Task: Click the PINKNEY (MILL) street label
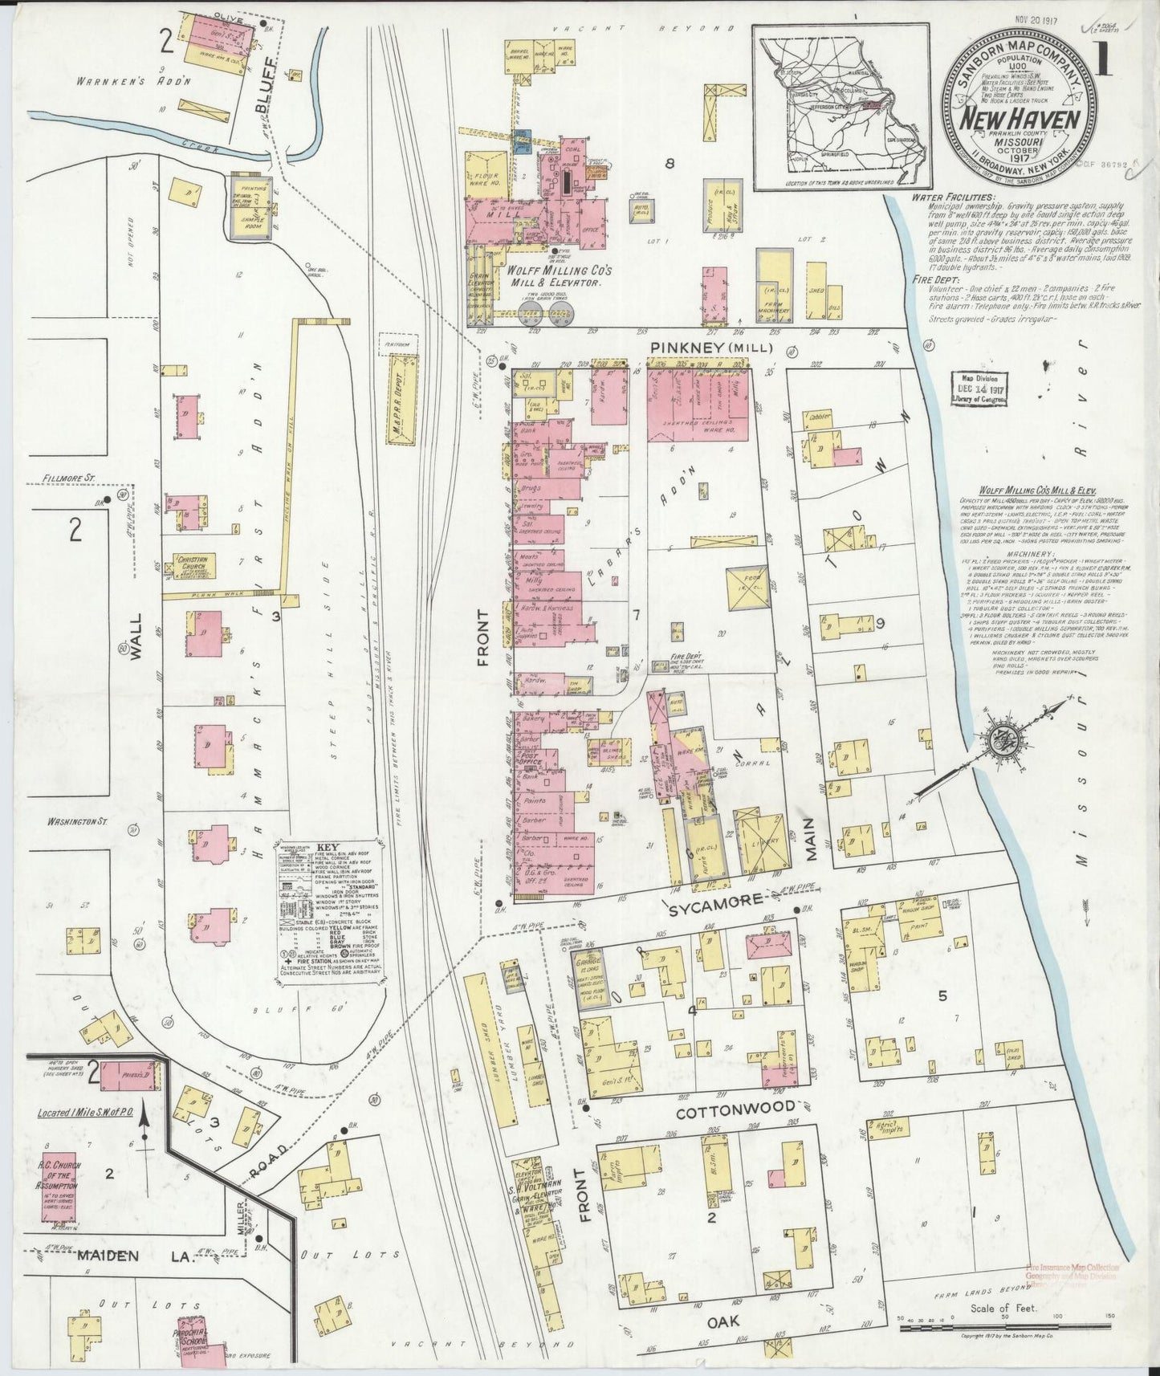(711, 348)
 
